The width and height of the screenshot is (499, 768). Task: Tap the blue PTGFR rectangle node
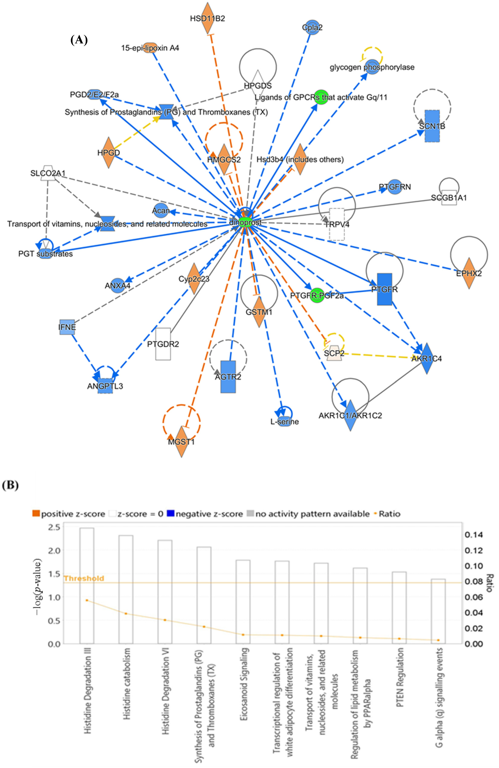(384, 289)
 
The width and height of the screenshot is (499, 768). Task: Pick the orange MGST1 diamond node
(182, 442)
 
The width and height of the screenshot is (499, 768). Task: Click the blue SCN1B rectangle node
(432, 126)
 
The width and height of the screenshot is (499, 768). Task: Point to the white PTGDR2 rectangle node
(163, 344)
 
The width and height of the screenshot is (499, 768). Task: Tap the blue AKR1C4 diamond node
(426, 358)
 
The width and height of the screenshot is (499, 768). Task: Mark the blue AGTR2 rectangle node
(228, 377)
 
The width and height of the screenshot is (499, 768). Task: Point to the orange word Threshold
(84, 578)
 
